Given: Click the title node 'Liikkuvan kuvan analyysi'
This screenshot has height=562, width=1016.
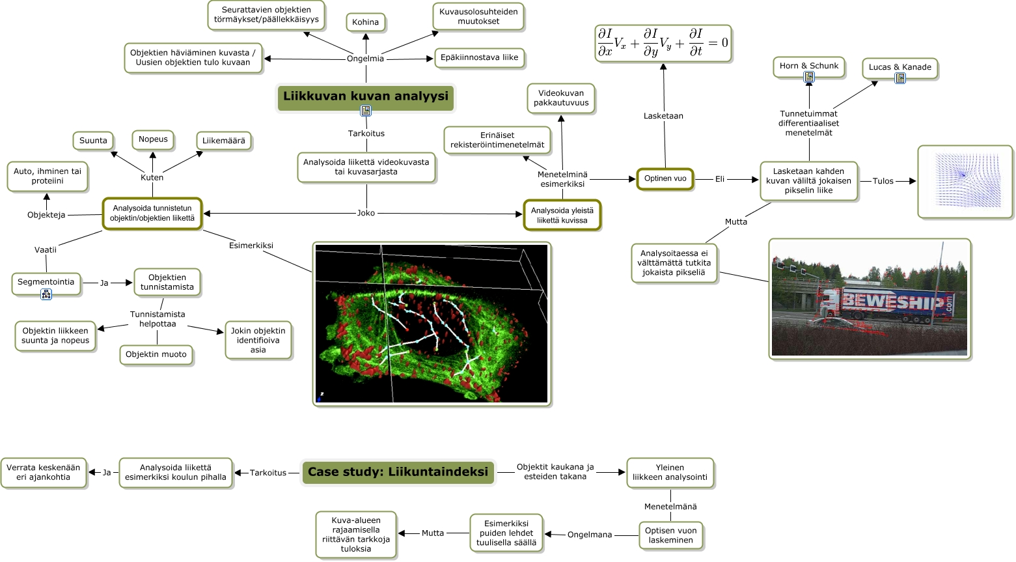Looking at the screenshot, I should (365, 96).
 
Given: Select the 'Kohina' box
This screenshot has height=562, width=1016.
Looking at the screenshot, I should (365, 22).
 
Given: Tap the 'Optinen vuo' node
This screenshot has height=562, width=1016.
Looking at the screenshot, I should (665, 178).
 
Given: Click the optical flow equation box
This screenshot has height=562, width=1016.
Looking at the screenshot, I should (663, 43).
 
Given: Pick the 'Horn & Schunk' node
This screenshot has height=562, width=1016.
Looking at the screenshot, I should (809, 66).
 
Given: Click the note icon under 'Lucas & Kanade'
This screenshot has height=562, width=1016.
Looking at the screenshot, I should (900, 78).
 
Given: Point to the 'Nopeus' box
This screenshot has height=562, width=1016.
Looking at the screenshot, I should (153, 139).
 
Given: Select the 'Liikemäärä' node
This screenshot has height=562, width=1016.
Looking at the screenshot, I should (223, 141).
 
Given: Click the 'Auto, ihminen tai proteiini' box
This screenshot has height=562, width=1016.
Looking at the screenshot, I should (48, 176).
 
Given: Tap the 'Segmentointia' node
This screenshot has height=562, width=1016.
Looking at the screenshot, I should (46, 282).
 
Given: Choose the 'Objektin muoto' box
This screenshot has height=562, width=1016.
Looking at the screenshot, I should (156, 355).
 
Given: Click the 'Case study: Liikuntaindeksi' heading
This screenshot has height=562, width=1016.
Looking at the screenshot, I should (398, 472).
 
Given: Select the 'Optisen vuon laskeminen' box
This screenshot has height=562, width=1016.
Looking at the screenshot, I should (670, 535).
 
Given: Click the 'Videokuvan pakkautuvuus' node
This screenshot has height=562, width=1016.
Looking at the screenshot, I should (561, 98).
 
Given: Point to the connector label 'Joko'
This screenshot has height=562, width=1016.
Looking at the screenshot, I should (366, 213).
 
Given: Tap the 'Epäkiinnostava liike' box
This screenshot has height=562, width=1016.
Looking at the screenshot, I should (479, 58).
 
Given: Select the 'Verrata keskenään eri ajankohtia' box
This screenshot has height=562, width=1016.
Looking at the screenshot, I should (44, 472).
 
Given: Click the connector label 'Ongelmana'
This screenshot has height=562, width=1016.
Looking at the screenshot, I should (590, 535).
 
